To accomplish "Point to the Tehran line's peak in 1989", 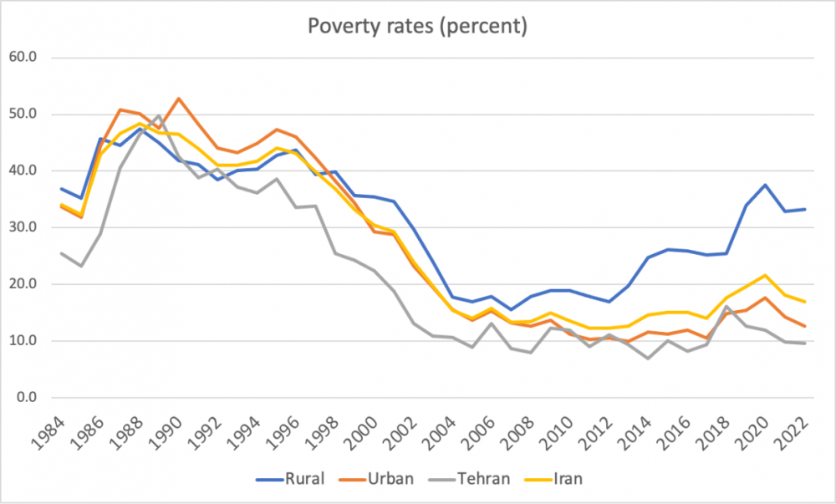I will [x=159, y=116].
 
